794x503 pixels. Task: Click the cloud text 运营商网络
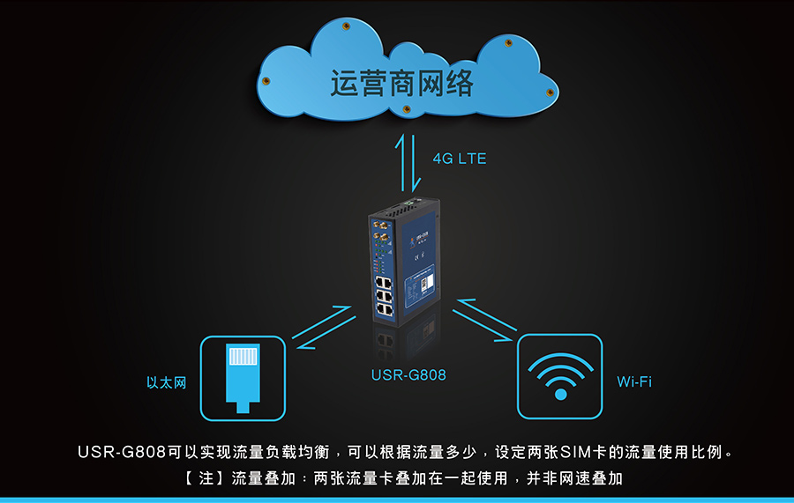(x=402, y=84)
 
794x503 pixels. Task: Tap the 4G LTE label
(x=459, y=159)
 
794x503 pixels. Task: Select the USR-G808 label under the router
(x=408, y=375)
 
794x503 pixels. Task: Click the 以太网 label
(x=166, y=383)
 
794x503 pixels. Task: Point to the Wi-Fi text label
(x=634, y=382)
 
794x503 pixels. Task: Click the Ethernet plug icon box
(x=243, y=377)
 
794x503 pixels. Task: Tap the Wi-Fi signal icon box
(x=559, y=376)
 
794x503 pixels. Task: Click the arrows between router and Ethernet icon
(x=324, y=327)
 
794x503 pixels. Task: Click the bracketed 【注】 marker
(x=193, y=479)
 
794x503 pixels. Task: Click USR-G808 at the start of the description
(x=122, y=453)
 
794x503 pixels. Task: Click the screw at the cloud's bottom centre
(x=406, y=109)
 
